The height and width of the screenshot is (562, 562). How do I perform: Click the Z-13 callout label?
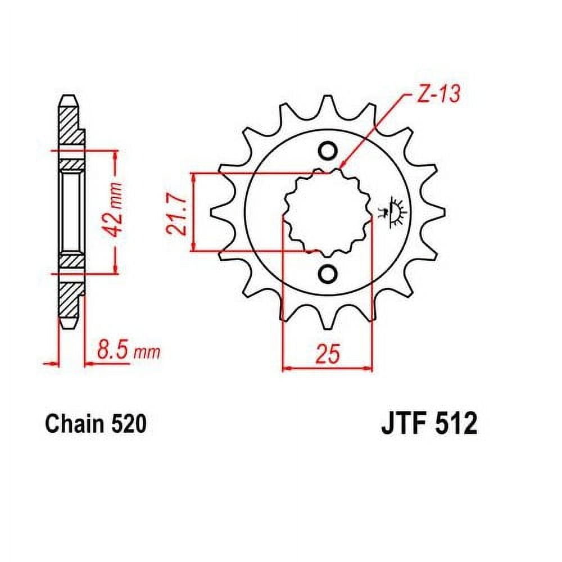[438, 94]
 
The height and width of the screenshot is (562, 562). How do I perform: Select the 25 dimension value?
[328, 354]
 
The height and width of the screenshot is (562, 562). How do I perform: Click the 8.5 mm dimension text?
[128, 352]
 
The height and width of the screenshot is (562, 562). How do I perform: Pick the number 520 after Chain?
[129, 424]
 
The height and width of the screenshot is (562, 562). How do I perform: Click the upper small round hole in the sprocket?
[328, 151]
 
